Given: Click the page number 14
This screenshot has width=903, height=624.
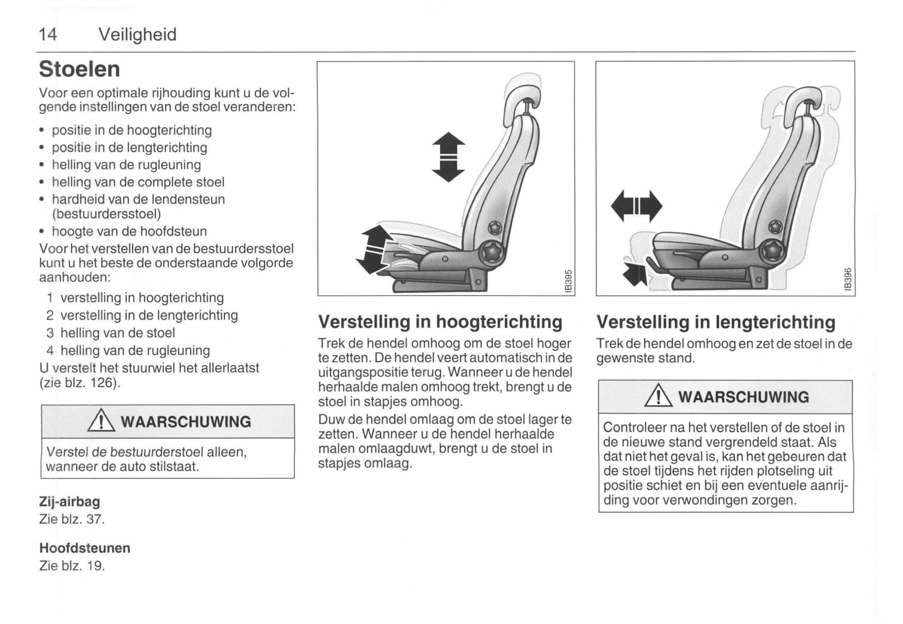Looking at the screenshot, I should (x=47, y=34).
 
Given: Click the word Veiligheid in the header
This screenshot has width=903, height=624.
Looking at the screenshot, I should (x=137, y=34).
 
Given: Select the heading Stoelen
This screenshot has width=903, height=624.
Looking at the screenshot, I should (x=79, y=69).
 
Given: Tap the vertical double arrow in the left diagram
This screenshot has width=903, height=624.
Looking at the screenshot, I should (x=448, y=157).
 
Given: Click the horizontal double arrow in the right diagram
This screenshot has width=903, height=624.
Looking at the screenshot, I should (x=636, y=206).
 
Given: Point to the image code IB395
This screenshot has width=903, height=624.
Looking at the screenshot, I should (x=567, y=280).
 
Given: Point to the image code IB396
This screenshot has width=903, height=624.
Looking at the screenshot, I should (x=847, y=279).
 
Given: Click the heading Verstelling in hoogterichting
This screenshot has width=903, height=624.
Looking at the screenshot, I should (x=440, y=322).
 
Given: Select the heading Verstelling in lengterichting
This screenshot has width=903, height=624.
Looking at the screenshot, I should (x=716, y=322).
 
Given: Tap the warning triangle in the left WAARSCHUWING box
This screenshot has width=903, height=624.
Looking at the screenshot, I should (x=101, y=422).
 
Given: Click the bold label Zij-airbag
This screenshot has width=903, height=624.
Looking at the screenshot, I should (x=69, y=501).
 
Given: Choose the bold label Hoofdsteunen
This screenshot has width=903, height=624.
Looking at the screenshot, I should (x=85, y=548).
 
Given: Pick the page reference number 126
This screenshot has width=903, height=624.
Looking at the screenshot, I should (x=102, y=383).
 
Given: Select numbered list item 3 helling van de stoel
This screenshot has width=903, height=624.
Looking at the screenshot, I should (x=111, y=333).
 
